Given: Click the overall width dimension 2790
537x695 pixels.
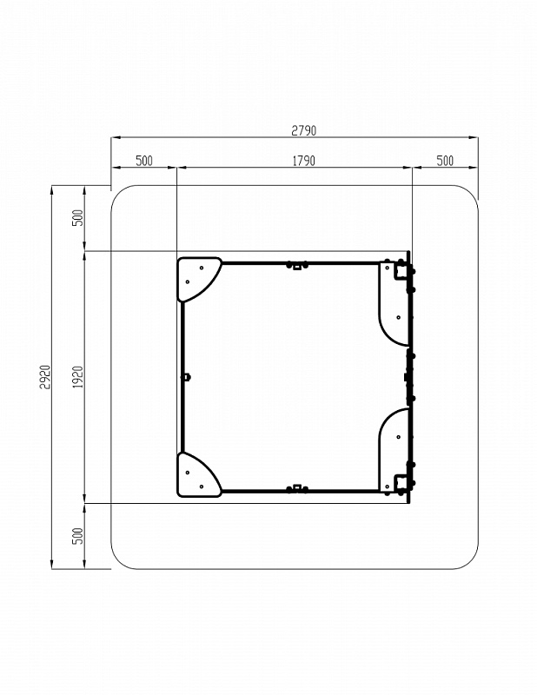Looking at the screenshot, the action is click(304, 130).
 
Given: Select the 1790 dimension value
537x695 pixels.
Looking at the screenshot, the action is click(304, 161).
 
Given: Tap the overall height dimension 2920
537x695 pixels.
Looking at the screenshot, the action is click(46, 377).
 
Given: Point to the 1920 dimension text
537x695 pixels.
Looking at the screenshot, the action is click(78, 377).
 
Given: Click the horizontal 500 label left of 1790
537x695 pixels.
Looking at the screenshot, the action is click(144, 161).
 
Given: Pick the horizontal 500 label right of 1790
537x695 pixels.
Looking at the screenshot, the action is click(445, 161).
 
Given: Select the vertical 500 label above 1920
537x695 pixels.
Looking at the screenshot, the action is click(78, 218).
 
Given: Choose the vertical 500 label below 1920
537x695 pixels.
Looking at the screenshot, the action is click(78, 536).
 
